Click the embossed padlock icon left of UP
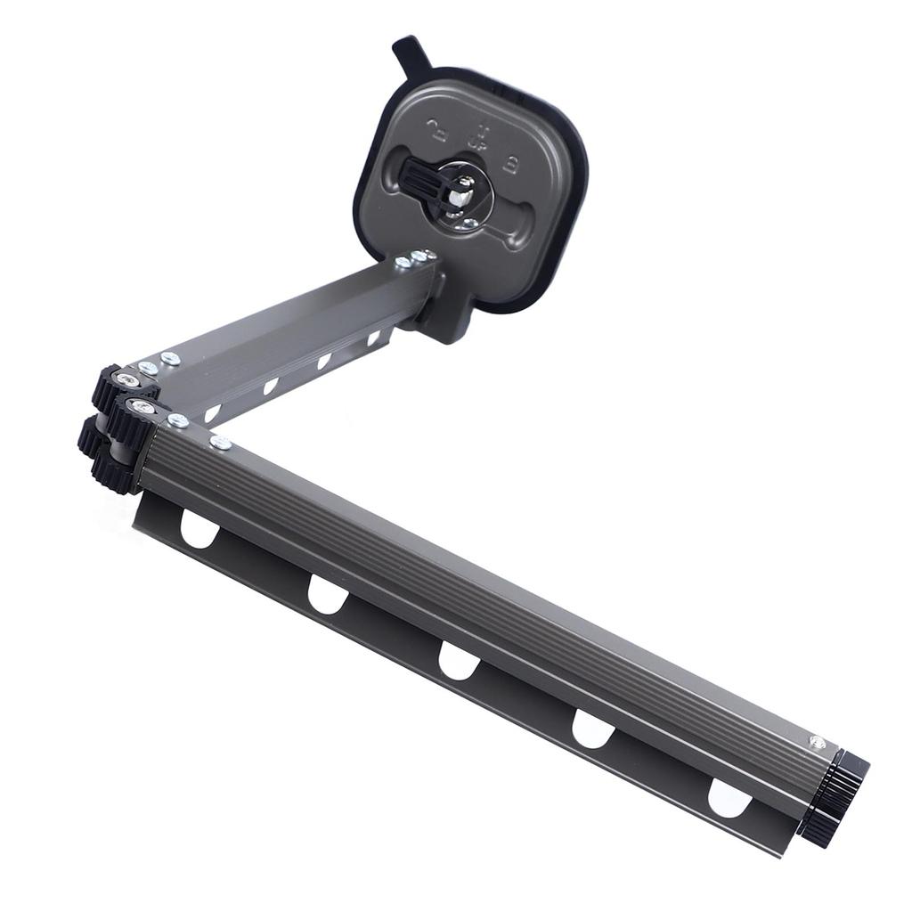tap(437, 131)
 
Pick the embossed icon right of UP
tap(514, 162)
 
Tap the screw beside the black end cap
tap(816, 742)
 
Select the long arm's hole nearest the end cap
tap(729, 797)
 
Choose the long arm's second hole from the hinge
tap(328, 594)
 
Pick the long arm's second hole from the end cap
tap(593, 729)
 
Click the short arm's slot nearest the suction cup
tap(373, 338)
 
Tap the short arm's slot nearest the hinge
tap(212, 413)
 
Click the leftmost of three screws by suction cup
tap(403, 262)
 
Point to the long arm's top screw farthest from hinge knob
tap(220, 443)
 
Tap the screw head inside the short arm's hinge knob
tap(128, 380)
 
